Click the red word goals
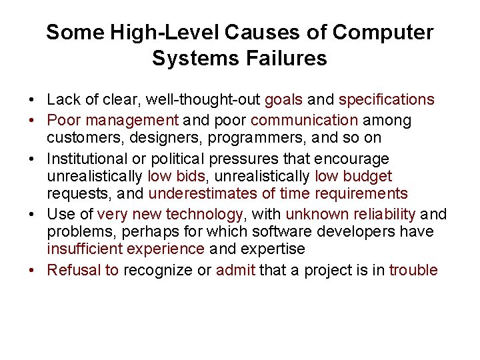pyautogui.click(x=284, y=100)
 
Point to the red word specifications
pyautogui.click(x=387, y=100)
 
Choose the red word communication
pyautogui.click(x=305, y=121)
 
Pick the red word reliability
pyautogui.click(x=379, y=214)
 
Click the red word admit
pyautogui.click(x=235, y=270)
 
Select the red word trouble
pyautogui.click(x=413, y=270)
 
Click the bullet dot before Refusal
pyautogui.click(x=32, y=270)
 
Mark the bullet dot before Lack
pyautogui.click(x=32, y=100)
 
